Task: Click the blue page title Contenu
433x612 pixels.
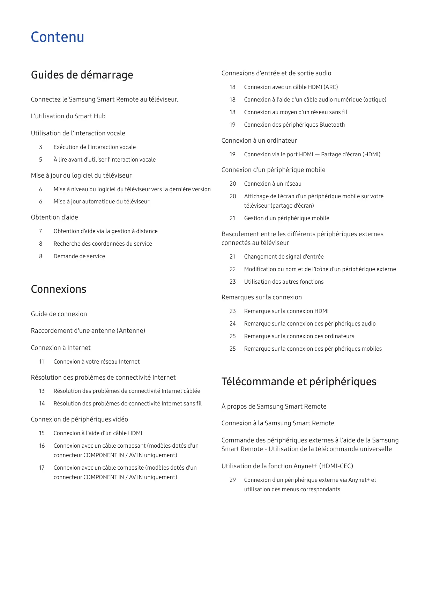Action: tap(58, 37)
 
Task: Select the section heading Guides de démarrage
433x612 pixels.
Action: tap(82, 75)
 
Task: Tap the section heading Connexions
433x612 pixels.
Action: tap(59, 289)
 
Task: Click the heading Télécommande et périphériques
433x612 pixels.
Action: tap(299, 382)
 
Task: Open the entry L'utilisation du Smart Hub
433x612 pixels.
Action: tap(68, 116)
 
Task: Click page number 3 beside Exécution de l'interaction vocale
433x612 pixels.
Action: tap(40, 147)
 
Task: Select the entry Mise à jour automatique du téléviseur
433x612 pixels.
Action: tap(101, 202)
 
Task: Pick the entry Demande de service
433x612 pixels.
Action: tap(79, 256)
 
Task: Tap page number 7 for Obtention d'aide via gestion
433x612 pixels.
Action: tap(40, 231)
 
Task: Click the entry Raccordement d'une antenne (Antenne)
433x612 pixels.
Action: tap(88, 331)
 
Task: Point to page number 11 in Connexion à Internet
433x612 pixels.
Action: tap(42, 362)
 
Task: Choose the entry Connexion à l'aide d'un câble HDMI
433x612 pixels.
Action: tap(98, 433)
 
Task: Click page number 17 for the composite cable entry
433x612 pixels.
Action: tap(42, 468)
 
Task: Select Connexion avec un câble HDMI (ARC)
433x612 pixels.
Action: tap(291, 87)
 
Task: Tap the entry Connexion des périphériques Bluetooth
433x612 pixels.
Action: tap(294, 125)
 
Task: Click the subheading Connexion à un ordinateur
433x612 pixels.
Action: tap(259, 141)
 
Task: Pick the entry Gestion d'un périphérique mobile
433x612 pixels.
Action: tap(286, 218)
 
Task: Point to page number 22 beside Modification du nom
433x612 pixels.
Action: tap(233, 269)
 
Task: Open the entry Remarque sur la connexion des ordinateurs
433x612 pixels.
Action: tap(299, 336)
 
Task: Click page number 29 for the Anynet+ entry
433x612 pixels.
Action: tap(233, 480)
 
